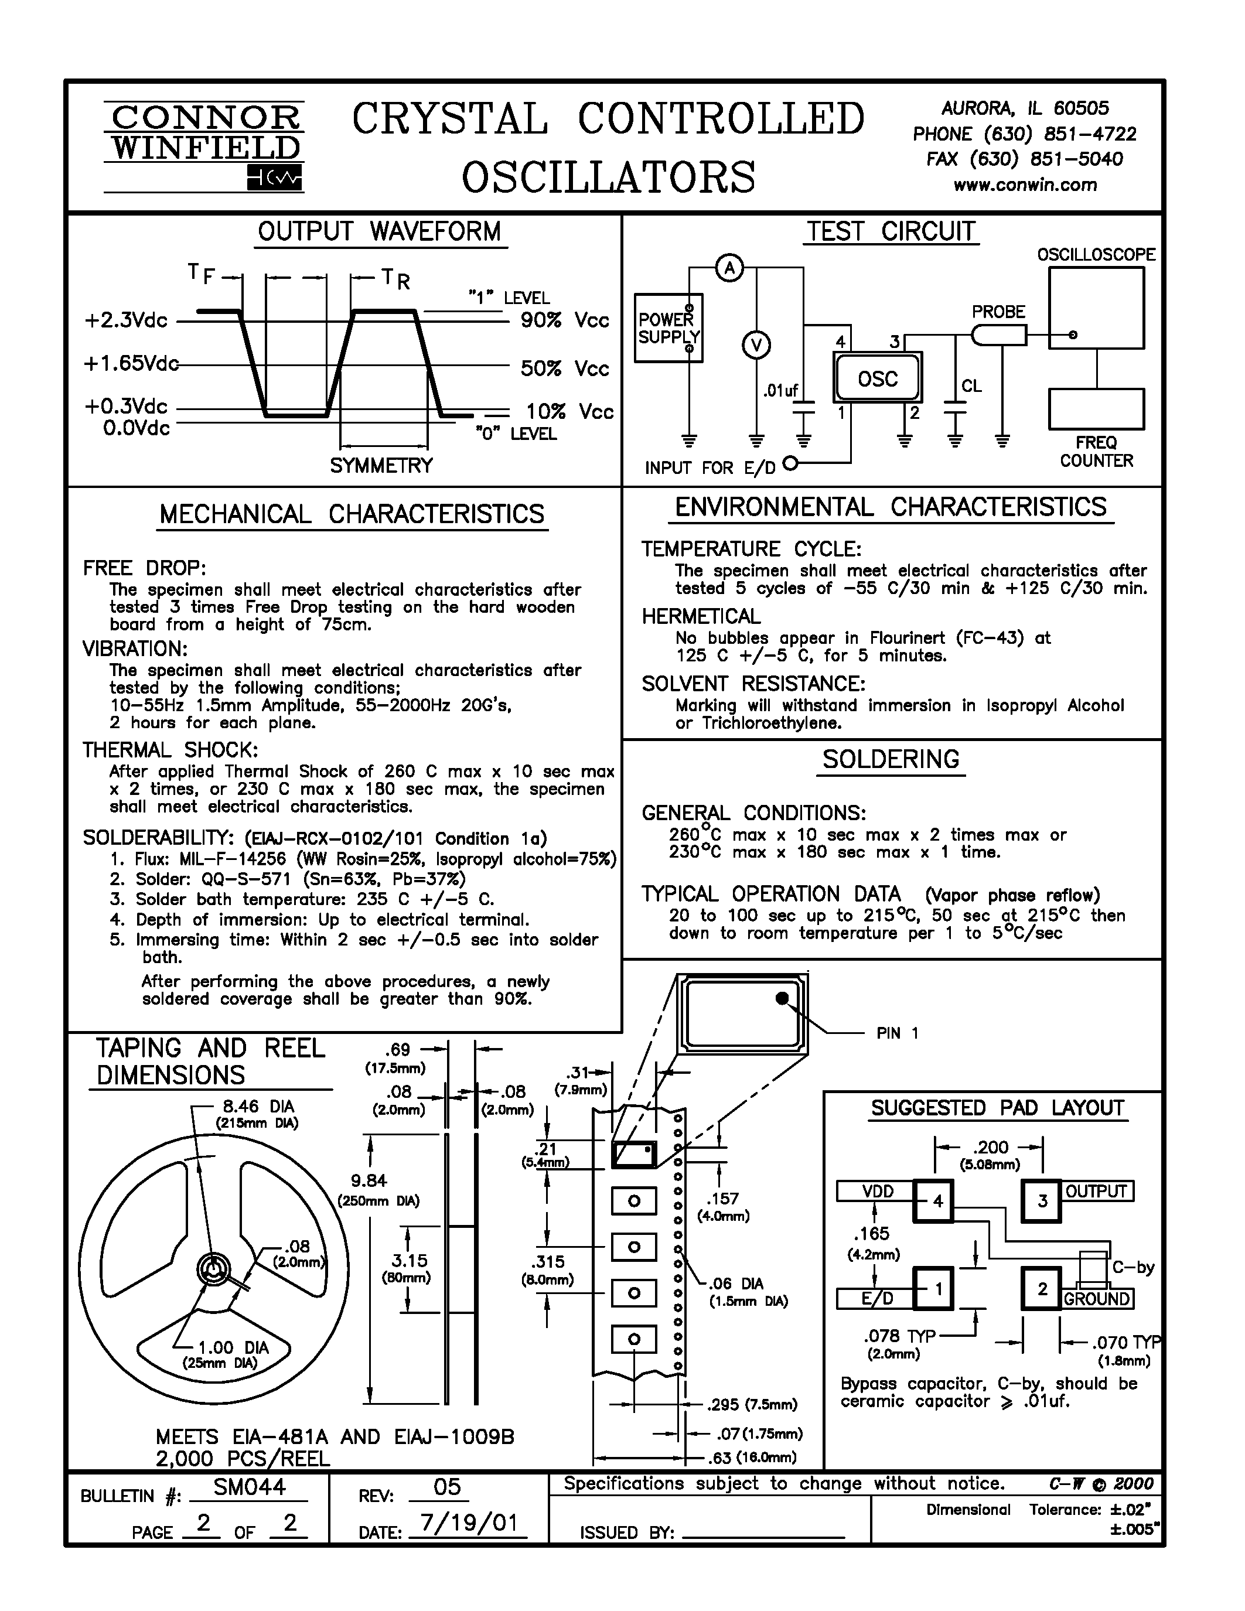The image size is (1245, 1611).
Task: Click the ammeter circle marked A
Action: (x=729, y=267)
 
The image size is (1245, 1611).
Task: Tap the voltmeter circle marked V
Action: (x=756, y=345)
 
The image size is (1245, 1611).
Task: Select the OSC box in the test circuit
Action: (x=878, y=378)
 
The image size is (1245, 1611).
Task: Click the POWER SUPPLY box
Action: (x=669, y=328)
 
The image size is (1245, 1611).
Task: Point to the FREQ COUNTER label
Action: (x=1096, y=452)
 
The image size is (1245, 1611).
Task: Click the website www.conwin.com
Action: (x=1025, y=185)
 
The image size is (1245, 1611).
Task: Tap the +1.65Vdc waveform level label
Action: (x=131, y=364)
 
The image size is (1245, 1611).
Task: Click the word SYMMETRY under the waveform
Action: (x=381, y=466)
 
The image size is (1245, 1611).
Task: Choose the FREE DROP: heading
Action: (x=145, y=568)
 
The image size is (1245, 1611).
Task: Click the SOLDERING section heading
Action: (x=891, y=759)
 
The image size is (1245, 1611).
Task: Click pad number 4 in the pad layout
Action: (x=933, y=1202)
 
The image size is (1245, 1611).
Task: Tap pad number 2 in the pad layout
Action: (x=1042, y=1289)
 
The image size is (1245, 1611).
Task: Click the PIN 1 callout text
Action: (x=898, y=1033)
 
